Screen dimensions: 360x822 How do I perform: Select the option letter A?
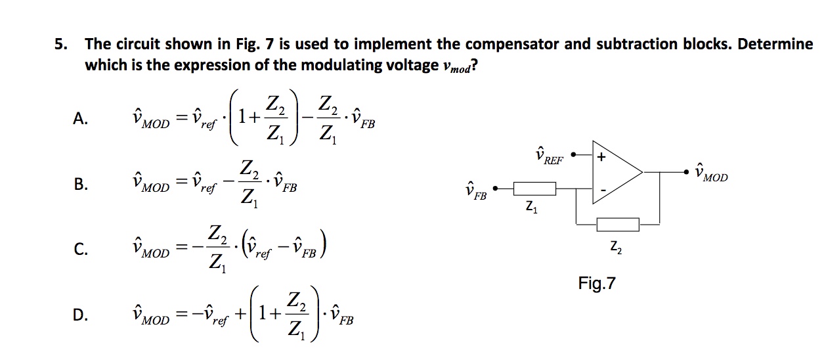pyautogui.click(x=79, y=118)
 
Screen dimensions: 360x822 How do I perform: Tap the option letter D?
pyautogui.click(x=79, y=316)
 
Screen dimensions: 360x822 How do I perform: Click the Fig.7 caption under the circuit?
pyautogui.click(x=597, y=284)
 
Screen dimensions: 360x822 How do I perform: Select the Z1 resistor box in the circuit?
pyautogui.click(x=534, y=189)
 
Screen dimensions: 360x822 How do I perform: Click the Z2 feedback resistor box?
pyautogui.click(x=617, y=225)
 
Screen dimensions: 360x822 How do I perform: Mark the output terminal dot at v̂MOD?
pyautogui.click(x=687, y=172)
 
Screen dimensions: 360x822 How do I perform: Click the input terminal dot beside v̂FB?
pyautogui.click(x=495, y=189)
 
